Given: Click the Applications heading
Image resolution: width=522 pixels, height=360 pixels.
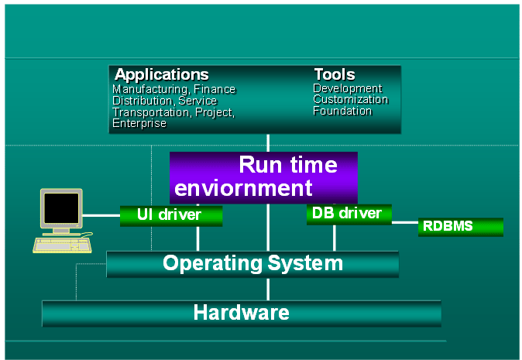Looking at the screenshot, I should (x=161, y=75).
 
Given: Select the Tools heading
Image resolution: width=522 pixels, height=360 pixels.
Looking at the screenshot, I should (x=334, y=75).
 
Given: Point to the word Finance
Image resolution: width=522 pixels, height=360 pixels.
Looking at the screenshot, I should (x=215, y=90).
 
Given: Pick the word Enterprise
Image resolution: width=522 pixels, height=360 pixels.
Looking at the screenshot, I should (x=139, y=123).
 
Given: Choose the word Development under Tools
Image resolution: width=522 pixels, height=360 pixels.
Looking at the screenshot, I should (x=347, y=88).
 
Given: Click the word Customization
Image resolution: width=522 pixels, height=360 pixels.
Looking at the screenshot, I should (x=350, y=100).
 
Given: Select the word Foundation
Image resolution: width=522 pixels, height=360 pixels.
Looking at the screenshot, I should (x=342, y=111).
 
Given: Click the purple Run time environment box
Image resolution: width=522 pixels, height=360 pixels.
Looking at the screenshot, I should (x=263, y=177).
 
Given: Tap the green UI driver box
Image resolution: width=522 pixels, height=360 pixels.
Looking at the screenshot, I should (x=171, y=215).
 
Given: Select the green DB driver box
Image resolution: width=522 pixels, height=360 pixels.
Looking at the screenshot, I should (x=349, y=214).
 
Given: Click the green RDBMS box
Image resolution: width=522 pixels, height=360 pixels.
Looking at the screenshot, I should (x=460, y=227).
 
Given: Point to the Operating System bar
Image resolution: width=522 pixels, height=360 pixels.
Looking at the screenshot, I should (x=252, y=264).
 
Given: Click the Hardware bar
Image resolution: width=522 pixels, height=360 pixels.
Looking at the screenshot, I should (x=241, y=314).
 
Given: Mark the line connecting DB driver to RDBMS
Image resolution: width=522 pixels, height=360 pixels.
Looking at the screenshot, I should (x=404, y=223).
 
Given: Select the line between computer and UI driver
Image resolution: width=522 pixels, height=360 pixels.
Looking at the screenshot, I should (x=101, y=214).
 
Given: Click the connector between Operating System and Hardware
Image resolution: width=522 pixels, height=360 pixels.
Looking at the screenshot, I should (x=268, y=289).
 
